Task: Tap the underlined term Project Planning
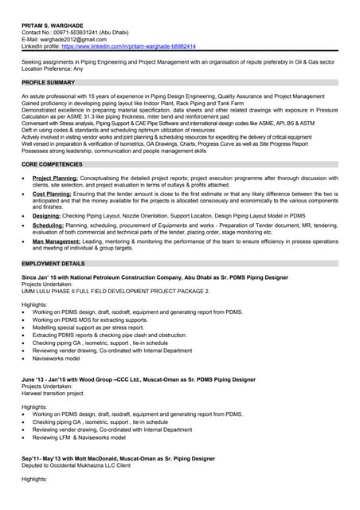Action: click(x=55, y=178)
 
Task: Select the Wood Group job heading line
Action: click(x=139, y=379)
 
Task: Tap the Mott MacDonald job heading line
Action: click(x=118, y=459)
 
